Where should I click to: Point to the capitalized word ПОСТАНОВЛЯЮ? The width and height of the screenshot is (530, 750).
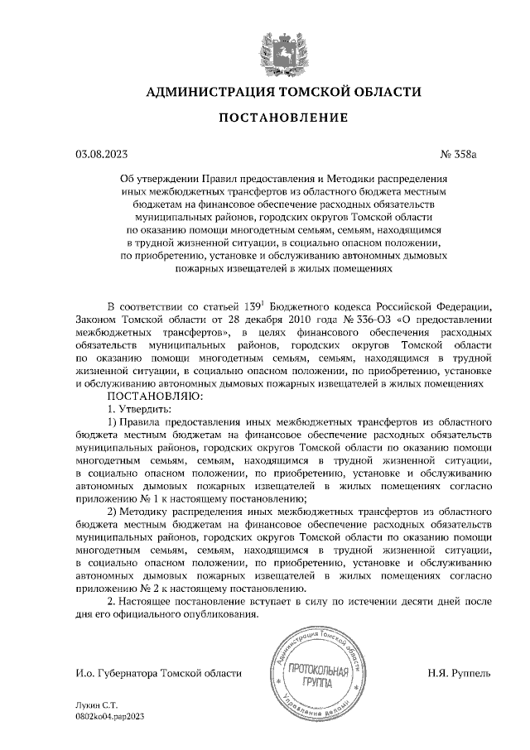point(145,397)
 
